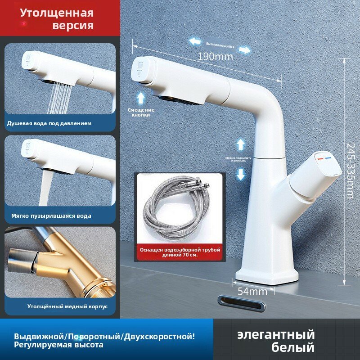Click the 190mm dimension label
(215, 57)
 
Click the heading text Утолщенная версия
(57, 19)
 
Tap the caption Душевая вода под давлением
(49, 123)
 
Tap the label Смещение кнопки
(141, 112)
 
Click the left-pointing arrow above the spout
(195, 41)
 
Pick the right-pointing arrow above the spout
(245, 49)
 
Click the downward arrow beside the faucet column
(241, 174)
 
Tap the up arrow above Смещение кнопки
(141, 97)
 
